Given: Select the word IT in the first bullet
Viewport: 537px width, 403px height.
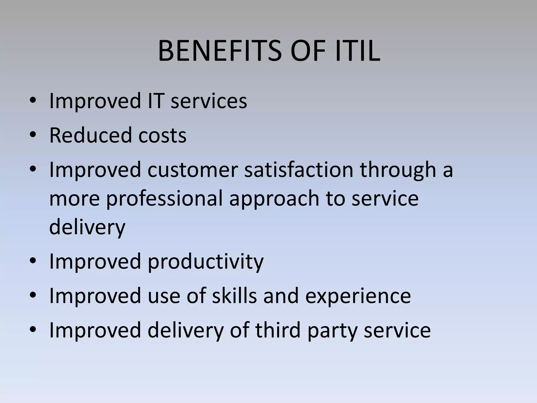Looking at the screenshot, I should pyautogui.click(x=156, y=101).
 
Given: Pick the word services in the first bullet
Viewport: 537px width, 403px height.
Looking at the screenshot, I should pyautogui.click(x=209, y=101).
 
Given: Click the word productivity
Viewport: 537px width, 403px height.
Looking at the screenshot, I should pyautogui.click(x=206, y=262).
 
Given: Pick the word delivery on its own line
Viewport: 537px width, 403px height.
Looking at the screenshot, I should pyautogui.click(x=87, y=227).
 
